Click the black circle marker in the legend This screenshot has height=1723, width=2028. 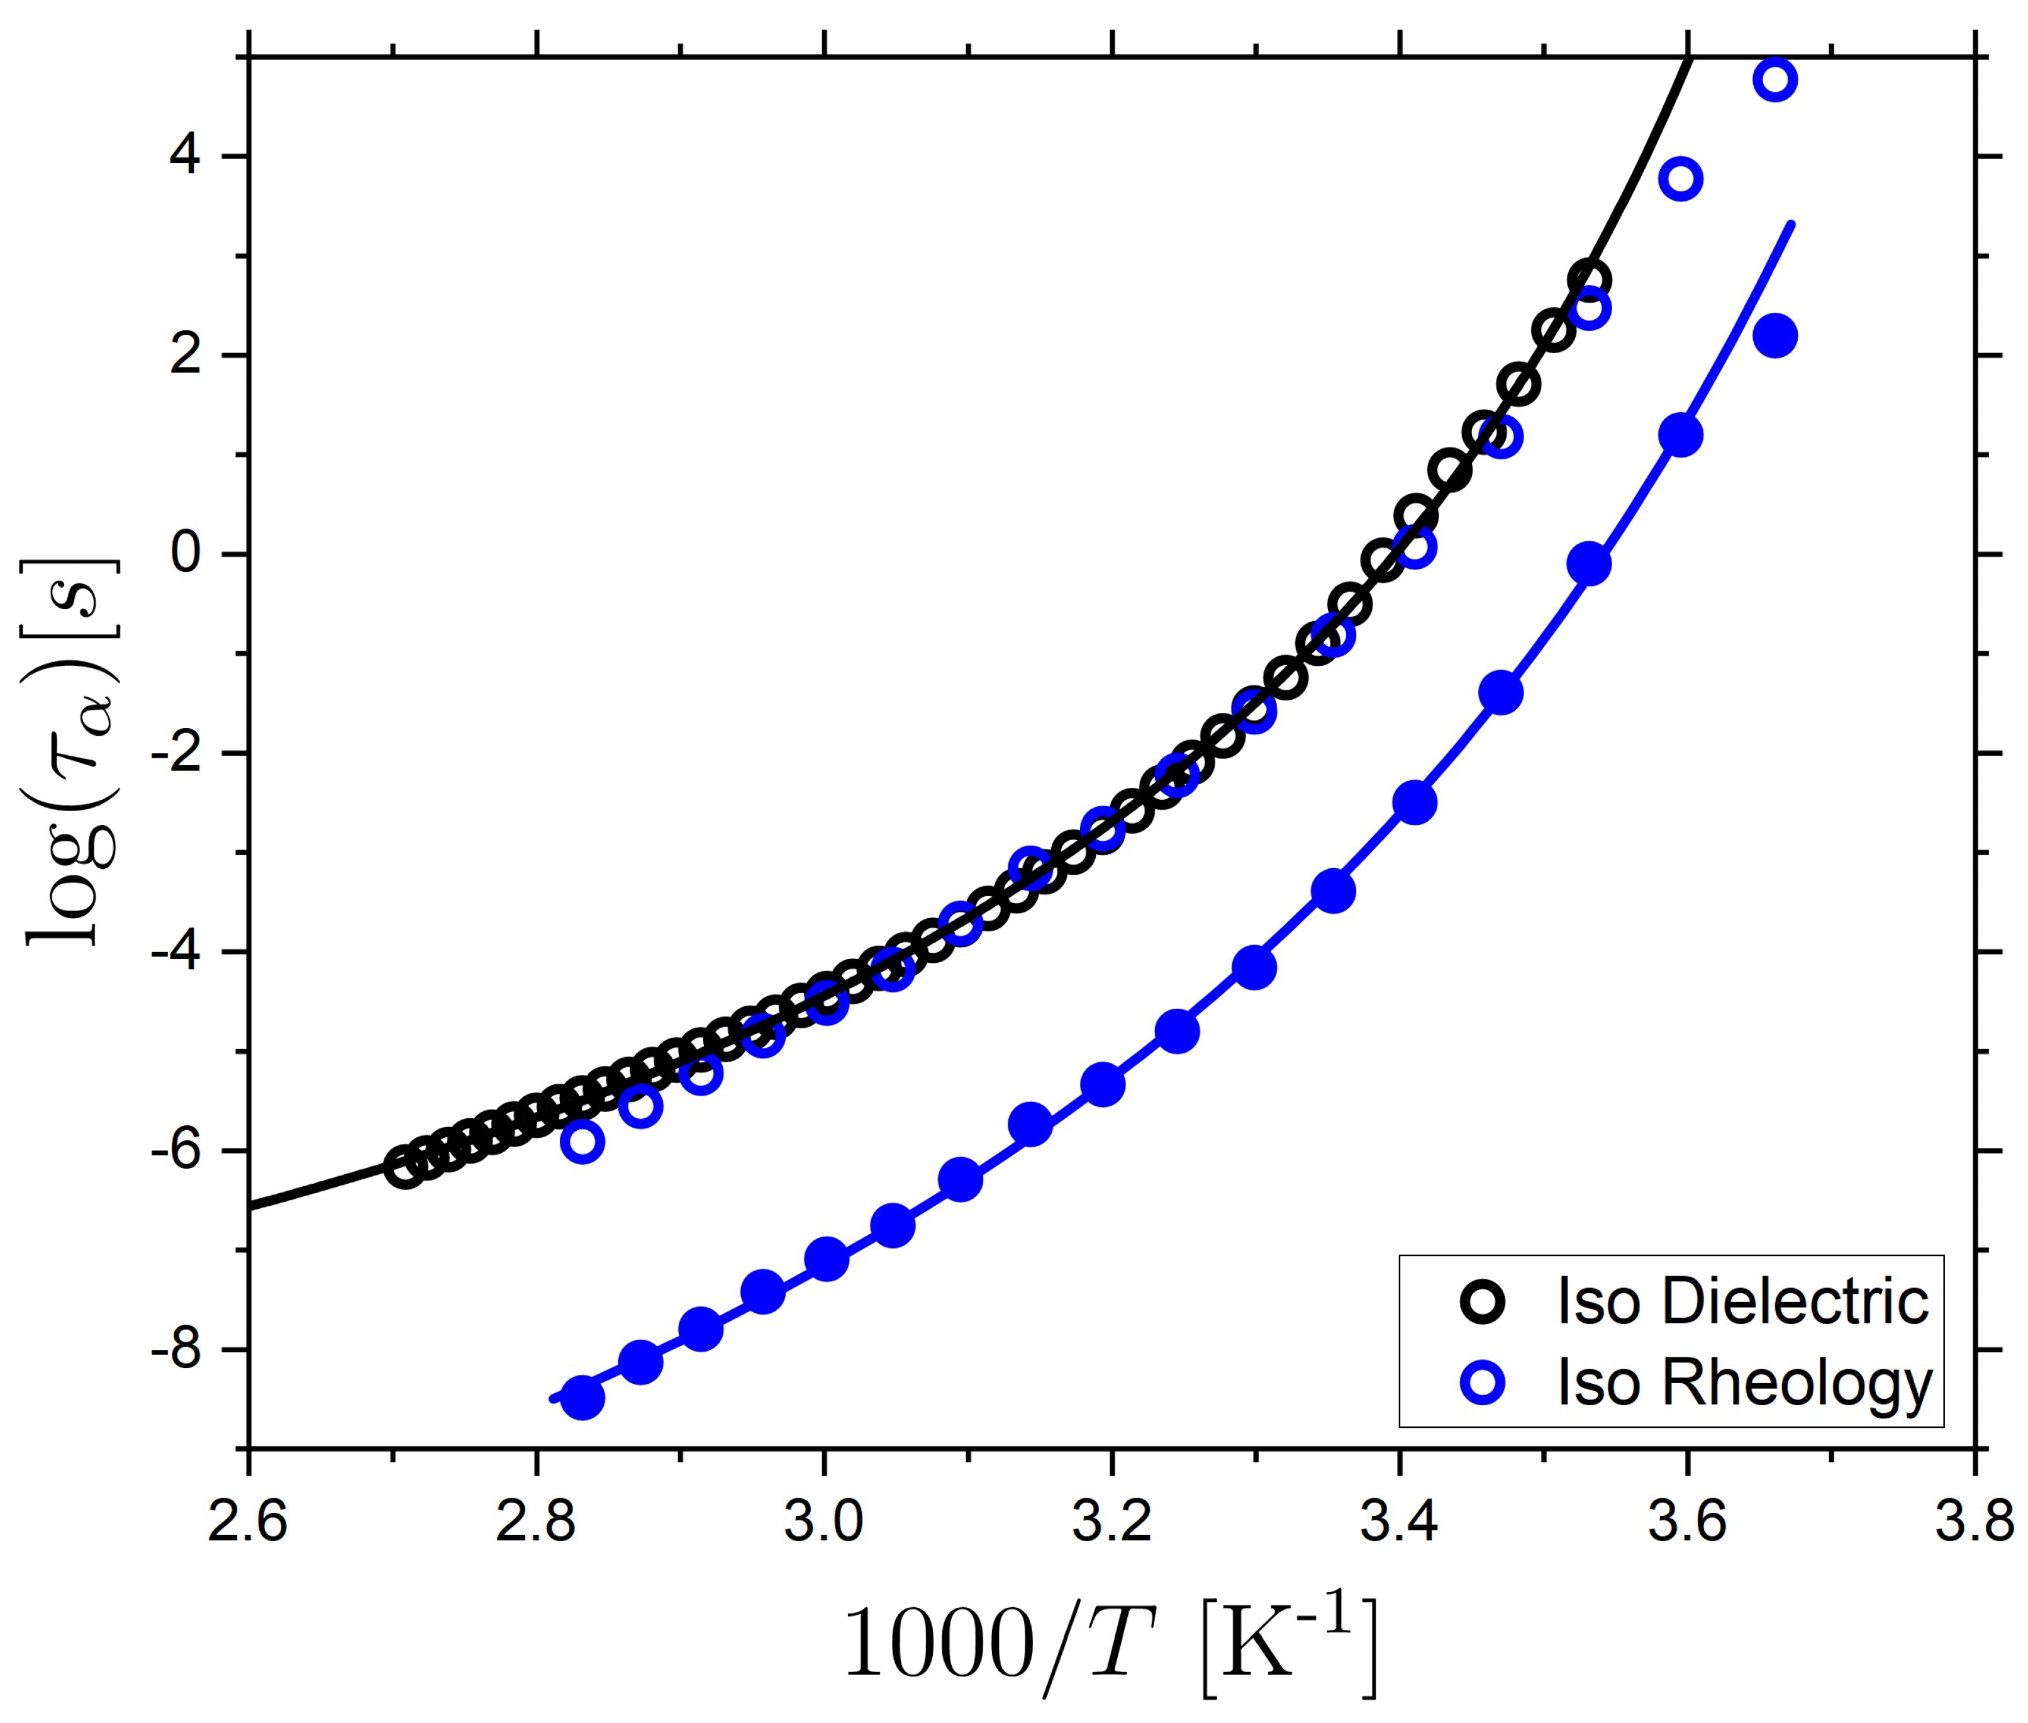point(1482,1302)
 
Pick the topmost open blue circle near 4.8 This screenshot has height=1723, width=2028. point(1774,80)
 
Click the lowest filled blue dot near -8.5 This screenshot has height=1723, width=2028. point(583,1398)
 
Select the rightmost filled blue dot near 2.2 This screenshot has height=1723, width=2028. point(1774,336)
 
